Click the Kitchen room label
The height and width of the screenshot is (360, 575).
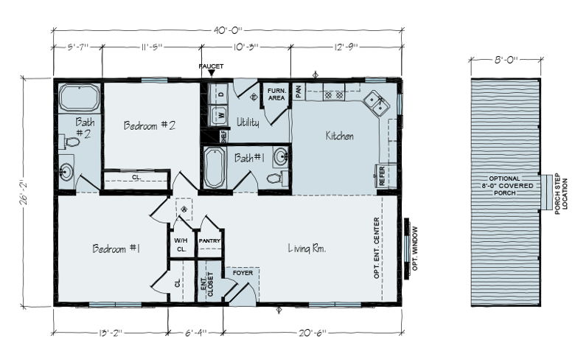click(x=340, y=136)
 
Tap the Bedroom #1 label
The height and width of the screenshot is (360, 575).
click(x=116, y=249)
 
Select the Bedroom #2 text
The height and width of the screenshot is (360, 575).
click(x=149, y=125)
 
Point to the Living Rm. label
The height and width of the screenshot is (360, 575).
click(x=307, y=249)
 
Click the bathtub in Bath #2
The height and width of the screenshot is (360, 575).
click(x=79, y=97)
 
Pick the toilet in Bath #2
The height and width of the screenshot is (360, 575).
click(x=70, y=142)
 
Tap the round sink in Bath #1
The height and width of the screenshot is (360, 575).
click(x=281, y=157)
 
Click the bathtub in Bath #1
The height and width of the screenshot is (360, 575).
click(x=215, y=167)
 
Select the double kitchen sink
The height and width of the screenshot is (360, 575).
click(x=376, y=102)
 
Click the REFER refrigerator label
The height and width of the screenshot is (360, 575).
click(x=382, y=176)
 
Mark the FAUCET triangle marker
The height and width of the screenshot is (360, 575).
click(x=212, y=73)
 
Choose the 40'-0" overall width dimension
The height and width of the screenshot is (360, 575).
click(x=228, y=30)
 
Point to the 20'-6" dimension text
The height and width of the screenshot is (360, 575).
click(x=312, y=333)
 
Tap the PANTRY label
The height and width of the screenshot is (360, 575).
click(x=209, y=240)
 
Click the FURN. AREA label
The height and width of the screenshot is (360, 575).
click(x=276, y=94)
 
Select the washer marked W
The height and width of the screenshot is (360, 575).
click(x=220, y=115)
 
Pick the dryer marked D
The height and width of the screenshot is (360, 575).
click(x=220, y=94)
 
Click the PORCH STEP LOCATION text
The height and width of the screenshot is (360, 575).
click(x=561, y=194)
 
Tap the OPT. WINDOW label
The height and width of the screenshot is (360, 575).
click(x=415, y=249)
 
